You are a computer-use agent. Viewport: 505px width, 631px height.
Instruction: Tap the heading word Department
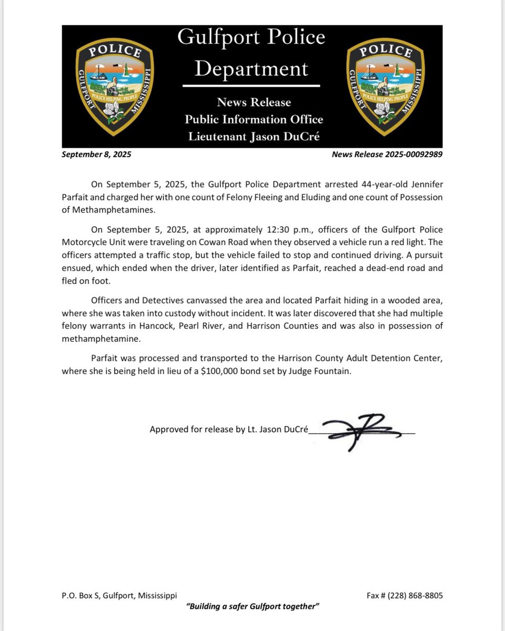(251, 68)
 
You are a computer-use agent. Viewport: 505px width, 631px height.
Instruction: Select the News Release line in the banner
(254, 102)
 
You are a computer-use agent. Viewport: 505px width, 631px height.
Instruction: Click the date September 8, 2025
(96, 155)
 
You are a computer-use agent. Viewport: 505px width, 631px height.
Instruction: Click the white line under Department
(251, 85)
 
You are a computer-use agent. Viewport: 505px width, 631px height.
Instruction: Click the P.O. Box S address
(119, 596)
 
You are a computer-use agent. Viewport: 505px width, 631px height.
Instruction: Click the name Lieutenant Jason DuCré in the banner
(254, 137)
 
